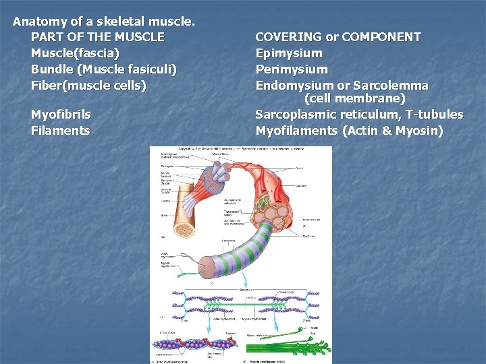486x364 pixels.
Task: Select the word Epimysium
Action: (289, 53)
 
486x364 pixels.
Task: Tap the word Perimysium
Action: (292, 69)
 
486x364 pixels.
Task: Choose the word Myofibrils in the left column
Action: (61, 115)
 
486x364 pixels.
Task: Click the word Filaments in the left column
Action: (60, 131)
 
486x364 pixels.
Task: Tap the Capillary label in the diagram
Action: (301, 194)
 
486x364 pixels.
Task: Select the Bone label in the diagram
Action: (164, 215)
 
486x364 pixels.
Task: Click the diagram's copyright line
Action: (240, 150)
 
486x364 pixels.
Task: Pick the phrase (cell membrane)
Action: (355, 99)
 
